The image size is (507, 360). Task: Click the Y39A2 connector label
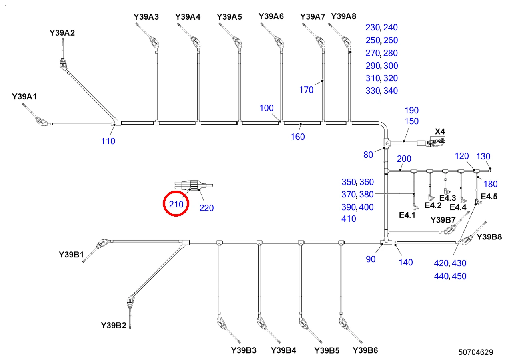click(62, 33)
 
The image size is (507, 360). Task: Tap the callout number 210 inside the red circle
click(176, 204)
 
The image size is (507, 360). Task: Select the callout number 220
click(206, 208)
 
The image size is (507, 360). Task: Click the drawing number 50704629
click(475, 352)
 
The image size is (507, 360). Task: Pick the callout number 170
click(306, 90)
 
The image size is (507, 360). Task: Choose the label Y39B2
click(113, 325)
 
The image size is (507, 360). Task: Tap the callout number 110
click(108, 141)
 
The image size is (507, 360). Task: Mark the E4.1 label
click(407, 215)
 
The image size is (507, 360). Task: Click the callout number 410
click(349, 219)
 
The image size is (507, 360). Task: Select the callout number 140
click(406, 263)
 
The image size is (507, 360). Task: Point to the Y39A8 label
click(343, 16)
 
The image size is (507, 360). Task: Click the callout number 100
click(267, 108)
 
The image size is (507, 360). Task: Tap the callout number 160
click(298, 137)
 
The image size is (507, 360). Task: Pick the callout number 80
click(368, 155)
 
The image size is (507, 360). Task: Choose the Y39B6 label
click(365, 350)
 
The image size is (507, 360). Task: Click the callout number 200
click(404, 159)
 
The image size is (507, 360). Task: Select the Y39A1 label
click(24, 97)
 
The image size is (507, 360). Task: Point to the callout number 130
click(483, 156)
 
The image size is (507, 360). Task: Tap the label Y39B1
click(71, 255)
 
